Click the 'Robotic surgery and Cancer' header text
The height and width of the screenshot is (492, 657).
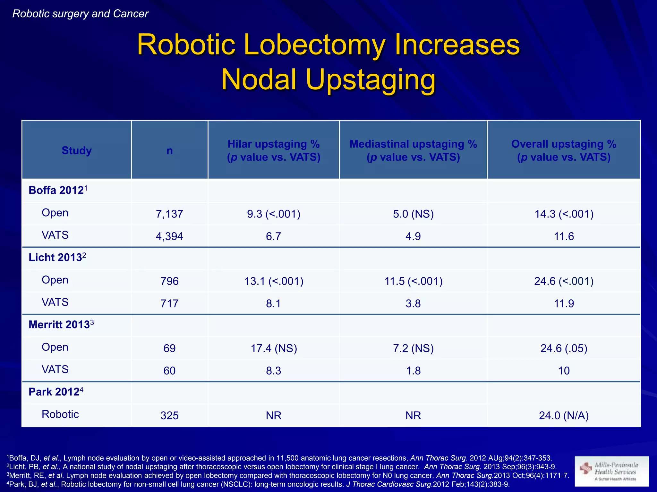80,14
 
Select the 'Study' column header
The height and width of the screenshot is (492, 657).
77,151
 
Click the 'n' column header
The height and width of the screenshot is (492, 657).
169,151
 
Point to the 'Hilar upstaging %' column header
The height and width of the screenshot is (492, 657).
274,144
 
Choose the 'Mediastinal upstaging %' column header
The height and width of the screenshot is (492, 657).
413,144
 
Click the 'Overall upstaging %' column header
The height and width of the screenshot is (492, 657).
564,144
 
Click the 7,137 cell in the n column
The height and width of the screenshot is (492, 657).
169,214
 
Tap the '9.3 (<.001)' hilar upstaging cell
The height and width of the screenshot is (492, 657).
274,214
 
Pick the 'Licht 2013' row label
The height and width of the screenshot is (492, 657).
57,258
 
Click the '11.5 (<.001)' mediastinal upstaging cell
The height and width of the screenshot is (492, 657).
413,281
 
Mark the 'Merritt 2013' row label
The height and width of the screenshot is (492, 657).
61,325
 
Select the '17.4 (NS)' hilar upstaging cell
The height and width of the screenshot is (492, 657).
274,348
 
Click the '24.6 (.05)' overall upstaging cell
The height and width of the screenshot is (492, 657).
564,348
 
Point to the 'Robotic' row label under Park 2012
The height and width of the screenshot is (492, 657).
60,414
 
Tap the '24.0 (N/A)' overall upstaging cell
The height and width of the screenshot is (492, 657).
564,416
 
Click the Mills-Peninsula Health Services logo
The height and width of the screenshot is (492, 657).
611,471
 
